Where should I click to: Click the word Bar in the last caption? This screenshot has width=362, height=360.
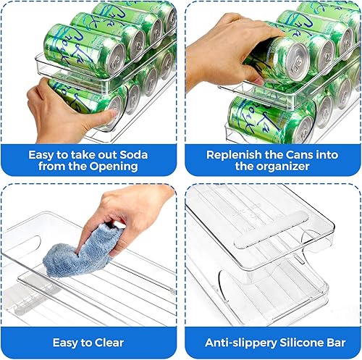pyautogui.click(x=327, y=342)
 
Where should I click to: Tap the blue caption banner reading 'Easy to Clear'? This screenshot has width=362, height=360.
pyautogui.click(x=88, y=342)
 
